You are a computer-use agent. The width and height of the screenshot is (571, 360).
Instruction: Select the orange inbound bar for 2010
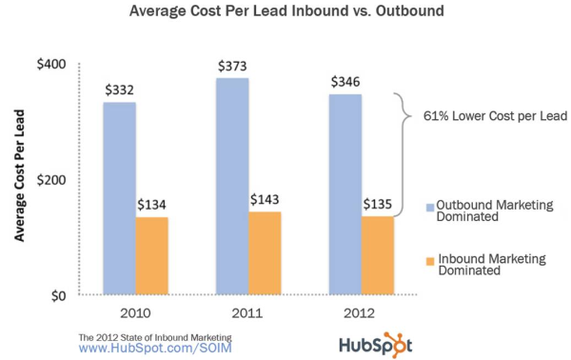[151, 256]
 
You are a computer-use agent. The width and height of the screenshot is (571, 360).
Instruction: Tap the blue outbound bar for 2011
[232, 187]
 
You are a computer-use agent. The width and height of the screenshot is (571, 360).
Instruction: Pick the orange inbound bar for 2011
[265, 253]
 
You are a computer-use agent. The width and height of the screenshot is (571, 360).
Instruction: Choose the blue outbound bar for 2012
[345, 194]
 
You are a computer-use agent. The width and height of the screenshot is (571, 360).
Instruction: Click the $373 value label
[232, 66]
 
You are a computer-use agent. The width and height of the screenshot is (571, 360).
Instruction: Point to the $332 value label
[119, 90]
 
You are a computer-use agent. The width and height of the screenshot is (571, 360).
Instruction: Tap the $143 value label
[265, 200]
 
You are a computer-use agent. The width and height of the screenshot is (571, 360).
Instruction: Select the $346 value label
[345, 83]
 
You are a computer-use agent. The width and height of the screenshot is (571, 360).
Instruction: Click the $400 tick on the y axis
[49, 64]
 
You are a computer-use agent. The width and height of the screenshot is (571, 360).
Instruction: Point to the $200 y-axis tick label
[49, 180]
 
